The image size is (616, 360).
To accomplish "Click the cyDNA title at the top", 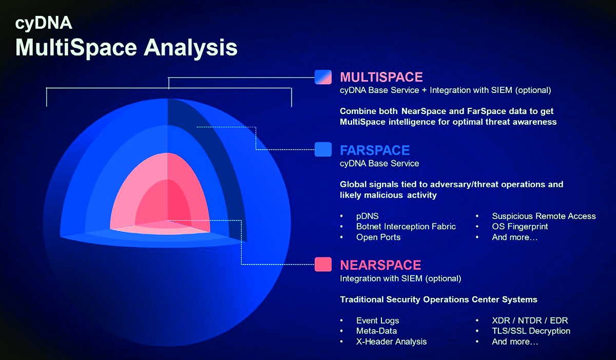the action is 44,23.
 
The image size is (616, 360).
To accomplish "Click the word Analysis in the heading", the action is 190,48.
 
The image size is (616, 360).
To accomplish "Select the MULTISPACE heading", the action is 381,77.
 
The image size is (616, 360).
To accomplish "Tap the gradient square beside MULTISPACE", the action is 323,77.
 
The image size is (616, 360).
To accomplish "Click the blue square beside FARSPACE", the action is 323,149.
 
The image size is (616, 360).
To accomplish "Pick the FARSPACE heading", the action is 375,150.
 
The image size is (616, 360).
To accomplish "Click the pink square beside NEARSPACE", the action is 323,264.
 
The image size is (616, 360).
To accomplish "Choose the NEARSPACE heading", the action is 380,265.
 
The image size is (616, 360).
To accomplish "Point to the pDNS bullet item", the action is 368,216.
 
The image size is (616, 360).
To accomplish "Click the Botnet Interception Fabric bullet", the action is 406,226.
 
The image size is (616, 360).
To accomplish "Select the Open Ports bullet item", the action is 378,237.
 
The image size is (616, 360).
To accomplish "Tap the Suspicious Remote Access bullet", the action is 544,216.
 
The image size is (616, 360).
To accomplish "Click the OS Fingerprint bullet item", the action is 519,226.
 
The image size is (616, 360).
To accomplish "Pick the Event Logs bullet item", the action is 378,320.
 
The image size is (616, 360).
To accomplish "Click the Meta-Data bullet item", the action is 376,331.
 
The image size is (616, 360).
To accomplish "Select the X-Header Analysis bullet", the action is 391,342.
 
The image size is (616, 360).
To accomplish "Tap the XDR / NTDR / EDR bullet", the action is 530,320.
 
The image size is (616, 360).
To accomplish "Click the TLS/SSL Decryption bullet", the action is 531,331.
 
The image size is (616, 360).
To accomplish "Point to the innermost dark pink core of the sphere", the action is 165,203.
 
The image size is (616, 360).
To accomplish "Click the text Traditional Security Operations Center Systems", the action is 438,299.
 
